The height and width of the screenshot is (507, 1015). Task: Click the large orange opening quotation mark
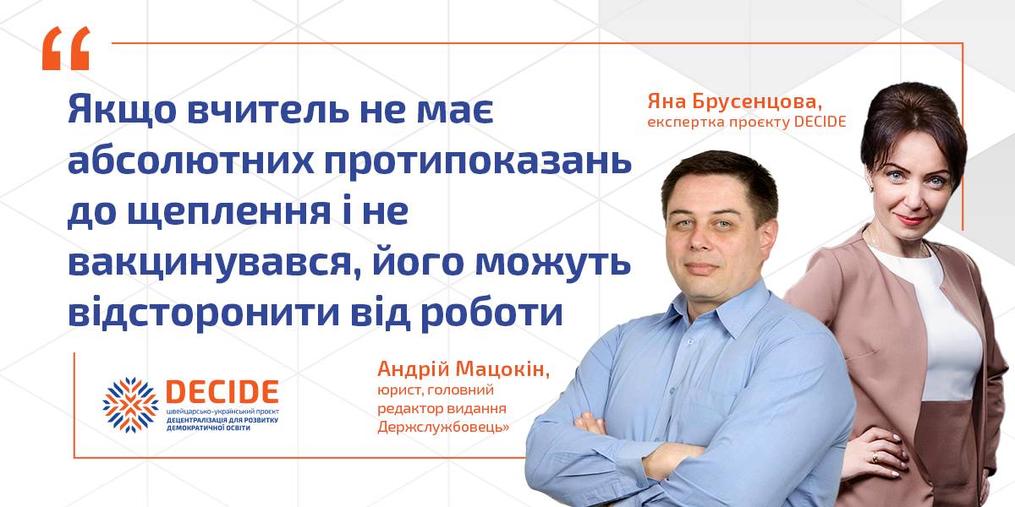coord(66,48)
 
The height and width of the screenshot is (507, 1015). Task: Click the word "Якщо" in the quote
coord(122,110)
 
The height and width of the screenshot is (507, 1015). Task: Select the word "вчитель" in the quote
coord(268,109)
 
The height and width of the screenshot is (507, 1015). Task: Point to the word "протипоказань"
coord(478,162)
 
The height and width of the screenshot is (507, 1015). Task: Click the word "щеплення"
coord(229,213)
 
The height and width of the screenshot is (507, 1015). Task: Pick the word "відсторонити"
coord(204,313)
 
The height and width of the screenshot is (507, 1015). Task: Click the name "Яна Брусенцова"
coord(734,102)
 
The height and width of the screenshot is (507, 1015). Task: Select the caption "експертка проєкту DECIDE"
coord(747,123)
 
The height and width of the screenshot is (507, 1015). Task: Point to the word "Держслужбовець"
coord(443,428)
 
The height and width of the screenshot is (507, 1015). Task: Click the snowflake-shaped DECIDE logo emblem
coord(130,405)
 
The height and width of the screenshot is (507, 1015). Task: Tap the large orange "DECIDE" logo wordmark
coord(222,392)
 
